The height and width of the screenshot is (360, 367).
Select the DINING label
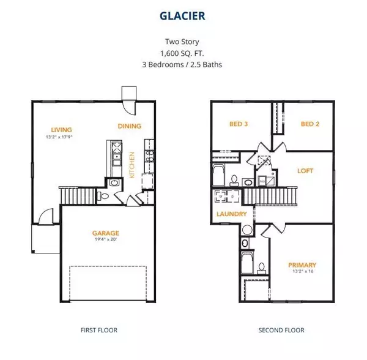tap(129, 126)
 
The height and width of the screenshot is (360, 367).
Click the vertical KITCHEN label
tap(133, 165)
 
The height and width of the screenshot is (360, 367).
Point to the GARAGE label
tap(105, 233)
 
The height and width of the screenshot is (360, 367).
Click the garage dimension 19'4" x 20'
tap(105, 239)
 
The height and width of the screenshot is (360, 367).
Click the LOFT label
tap(305, 171)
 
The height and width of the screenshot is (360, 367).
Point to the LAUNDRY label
tap(232, 214)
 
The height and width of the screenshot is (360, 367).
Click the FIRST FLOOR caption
tap(99, 330)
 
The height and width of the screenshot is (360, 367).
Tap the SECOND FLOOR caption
tap(281, 330)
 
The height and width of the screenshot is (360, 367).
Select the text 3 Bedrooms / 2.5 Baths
tap(183, 64)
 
